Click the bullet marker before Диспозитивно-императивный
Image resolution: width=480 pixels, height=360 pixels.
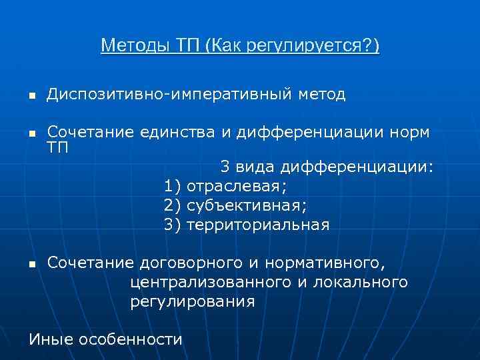[31, 97]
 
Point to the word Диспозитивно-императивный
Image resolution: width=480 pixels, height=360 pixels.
[167, 95]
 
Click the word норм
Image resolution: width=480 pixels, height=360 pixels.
[408, 132]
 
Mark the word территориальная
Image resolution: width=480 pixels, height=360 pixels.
[258, 225]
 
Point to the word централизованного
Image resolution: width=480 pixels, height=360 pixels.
[211, 282]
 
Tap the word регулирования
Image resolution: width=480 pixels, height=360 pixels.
[192, 302]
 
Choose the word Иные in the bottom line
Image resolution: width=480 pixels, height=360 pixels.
[51, 339]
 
